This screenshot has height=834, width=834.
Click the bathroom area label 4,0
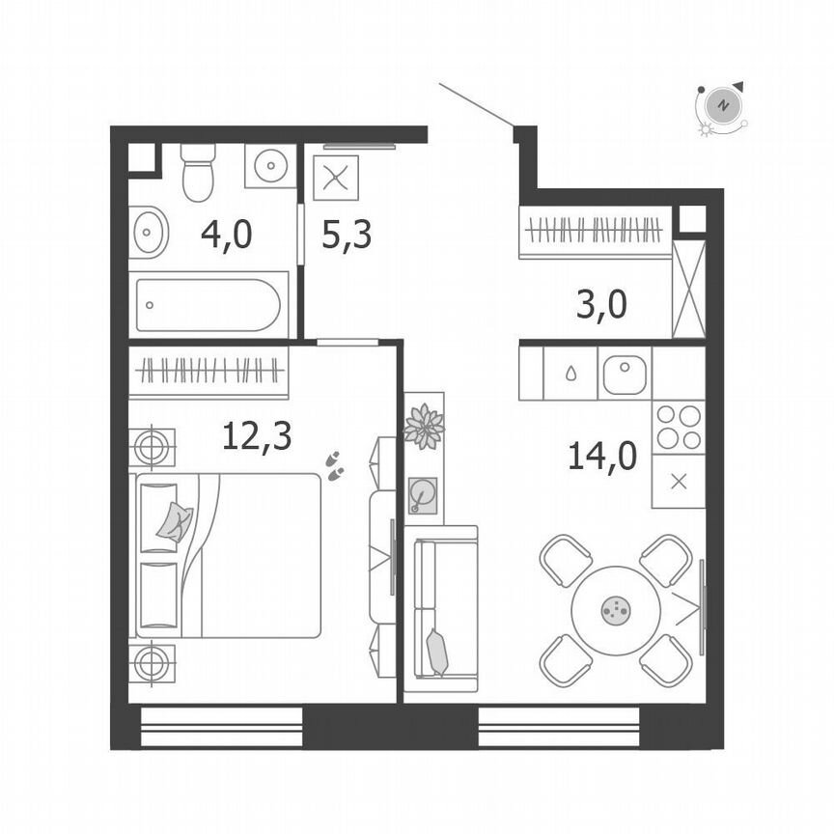pos(226,234)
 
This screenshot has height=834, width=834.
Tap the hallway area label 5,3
pos(347,234)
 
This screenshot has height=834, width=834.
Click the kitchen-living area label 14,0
pos(601,455)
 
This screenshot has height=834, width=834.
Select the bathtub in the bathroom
pos(208,305)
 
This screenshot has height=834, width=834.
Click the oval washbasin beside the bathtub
pos(149,232)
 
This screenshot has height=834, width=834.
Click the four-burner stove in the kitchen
pos(679,428)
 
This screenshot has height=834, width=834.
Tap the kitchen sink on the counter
pos(625,374)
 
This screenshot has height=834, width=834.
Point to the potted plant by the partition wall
pos(424,428)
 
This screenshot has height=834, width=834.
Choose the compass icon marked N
pos(722,104)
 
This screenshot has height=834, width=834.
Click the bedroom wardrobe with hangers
pos(208,371)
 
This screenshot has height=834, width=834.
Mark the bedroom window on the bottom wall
pos(222,726)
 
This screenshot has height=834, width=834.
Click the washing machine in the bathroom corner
pos(269,166)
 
